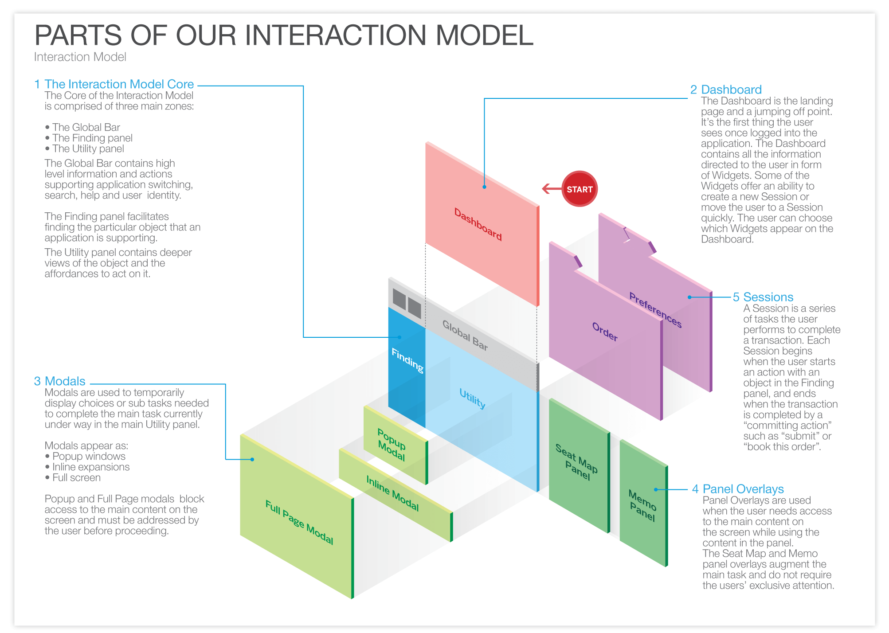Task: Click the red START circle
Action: tap(579, 189)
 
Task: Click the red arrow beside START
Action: tap(552, 189)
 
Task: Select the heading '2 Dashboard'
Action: tap(726, 90)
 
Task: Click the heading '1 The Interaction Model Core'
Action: tap(114, 84)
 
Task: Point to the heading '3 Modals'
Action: tap(60, 381)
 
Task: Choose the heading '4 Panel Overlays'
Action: tap(738, 489)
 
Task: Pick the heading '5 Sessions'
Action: tap(763, 297)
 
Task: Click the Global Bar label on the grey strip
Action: tap(465, 336)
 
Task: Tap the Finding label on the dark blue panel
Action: tap(407, 360)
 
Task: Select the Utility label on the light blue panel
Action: tap(472, 399)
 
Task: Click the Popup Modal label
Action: tap(392, 445)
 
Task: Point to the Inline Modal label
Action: tap(392, 493)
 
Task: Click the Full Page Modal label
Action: tap(299, 522)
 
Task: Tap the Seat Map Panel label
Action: tap(576, 462)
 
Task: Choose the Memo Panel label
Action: tap(642, 505)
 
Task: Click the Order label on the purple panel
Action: tap(605, 332)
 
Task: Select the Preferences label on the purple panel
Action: tap(655, 309)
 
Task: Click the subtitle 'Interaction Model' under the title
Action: tap(80, 57)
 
